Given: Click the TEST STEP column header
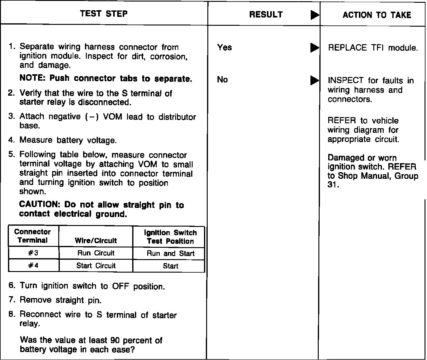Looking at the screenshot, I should click(104, 13).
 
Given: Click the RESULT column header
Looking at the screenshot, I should click(266, 14).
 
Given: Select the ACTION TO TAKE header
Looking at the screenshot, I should click(377, 15).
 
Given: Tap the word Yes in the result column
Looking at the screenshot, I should click(224, 48).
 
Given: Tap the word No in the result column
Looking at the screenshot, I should click(222, 80).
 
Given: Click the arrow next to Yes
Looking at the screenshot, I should click(314, 48).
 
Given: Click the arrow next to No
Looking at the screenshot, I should click(314, 80).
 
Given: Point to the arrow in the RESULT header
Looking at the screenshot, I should click(314, 15).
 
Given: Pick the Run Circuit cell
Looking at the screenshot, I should click(96, 253).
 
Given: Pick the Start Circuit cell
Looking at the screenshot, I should click(96, 266).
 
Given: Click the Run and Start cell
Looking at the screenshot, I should click(170, 253).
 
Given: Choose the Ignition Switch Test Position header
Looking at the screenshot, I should click(170, 237).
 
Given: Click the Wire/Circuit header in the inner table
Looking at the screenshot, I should click(96, 240).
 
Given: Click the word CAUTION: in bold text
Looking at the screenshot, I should click(39, 205).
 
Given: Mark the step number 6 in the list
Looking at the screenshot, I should click(11, 285).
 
